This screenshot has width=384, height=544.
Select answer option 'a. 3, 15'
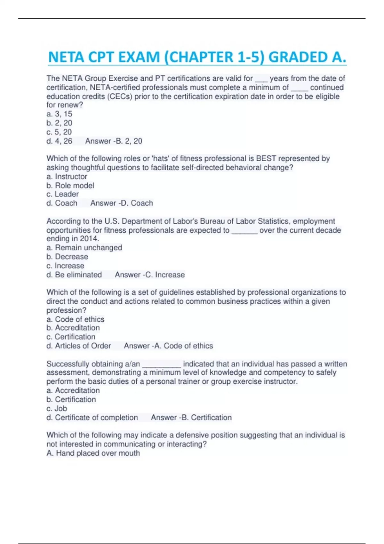coord(60,114)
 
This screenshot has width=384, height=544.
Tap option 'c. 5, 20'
coord(59,132)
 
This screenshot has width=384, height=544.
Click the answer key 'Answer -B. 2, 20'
coord(114,141)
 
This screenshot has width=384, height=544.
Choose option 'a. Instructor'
coord(67,176)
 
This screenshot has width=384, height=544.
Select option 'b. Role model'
coord(70,185)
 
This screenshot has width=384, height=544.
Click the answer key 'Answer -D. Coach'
coord(122,203)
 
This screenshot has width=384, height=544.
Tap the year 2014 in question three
coord(90,239)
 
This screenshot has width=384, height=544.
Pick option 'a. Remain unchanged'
coord(84,248)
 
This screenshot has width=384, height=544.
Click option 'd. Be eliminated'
coord(74,275)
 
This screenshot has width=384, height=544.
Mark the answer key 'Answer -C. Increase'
coord(150,275)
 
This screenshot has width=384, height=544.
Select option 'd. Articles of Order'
coord(79,346)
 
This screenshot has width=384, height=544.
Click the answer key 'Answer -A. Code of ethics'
coord(168,346)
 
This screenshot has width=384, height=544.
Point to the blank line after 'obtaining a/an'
coord(162,365)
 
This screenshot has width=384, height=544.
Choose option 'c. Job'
coord(57,408)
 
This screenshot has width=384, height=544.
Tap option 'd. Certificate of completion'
coord(92,417)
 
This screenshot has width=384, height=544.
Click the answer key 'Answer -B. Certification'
coord(191,417)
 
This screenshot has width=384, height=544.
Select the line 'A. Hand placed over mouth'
coord(93,453)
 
